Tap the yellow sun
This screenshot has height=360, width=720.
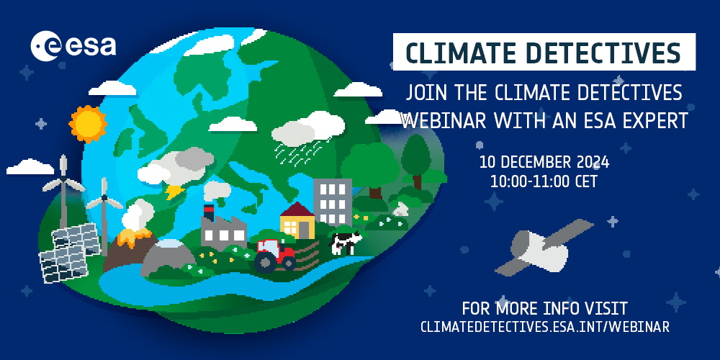[x=89, y=123]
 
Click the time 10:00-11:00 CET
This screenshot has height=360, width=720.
[x=544, y=181]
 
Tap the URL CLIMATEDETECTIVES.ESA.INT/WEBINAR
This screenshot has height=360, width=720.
[x=544, y=327]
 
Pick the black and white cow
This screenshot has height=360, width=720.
[x=345, y=242]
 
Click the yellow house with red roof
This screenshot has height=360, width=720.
[x=297, y=219]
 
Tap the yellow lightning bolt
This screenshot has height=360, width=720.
[x=174, y=192]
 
